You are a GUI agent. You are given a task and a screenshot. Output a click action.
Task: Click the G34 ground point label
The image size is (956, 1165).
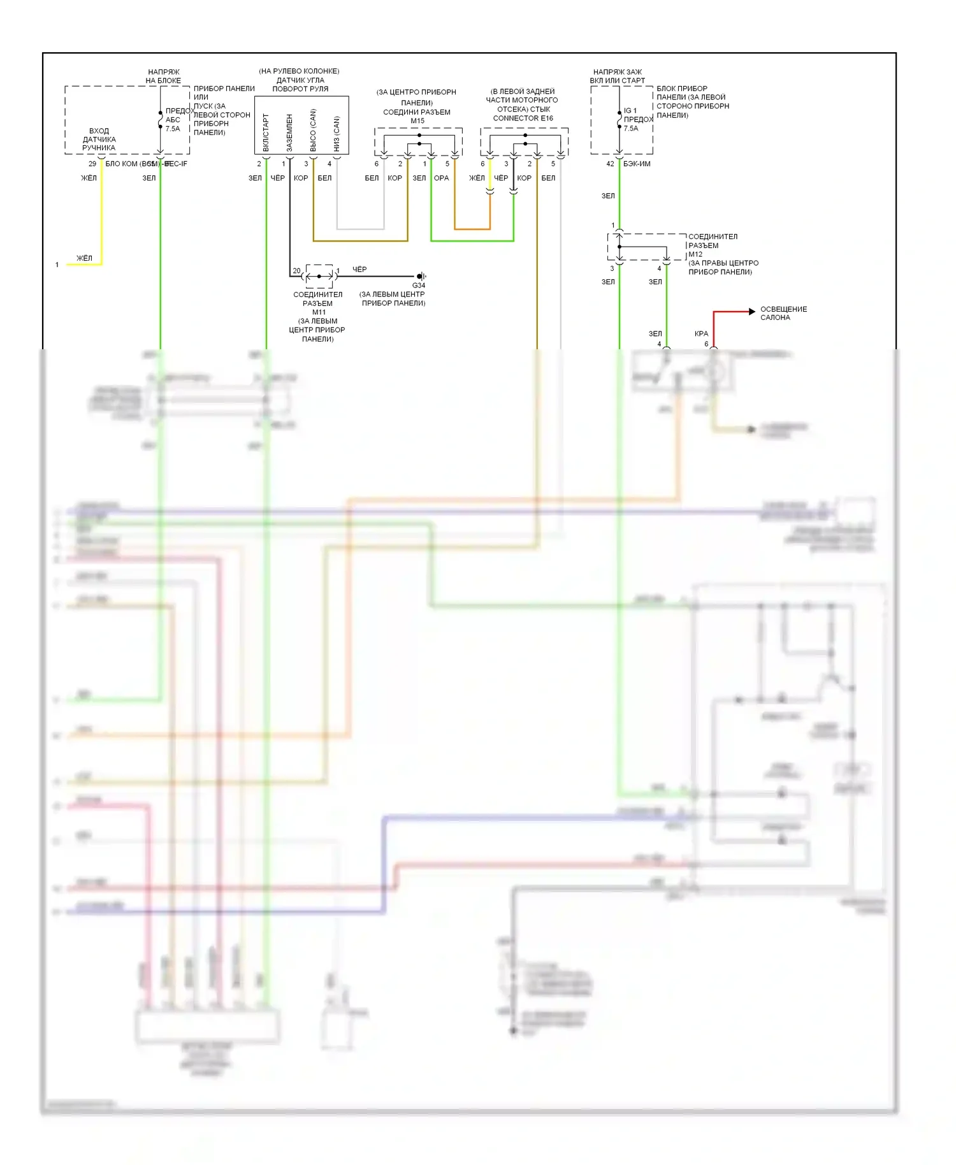point(419,286)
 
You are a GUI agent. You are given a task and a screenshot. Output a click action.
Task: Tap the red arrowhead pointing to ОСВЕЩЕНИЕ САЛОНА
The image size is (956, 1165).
point(751,312)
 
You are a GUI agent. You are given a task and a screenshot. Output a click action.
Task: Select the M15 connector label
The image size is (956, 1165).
point(417,121)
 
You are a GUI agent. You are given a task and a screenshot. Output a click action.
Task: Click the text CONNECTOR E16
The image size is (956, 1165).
point(523,119)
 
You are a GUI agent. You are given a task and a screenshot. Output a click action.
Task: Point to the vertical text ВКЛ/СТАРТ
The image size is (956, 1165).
point(266,133)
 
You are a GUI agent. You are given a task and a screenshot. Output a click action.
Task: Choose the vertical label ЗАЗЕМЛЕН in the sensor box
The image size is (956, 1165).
point(289,133)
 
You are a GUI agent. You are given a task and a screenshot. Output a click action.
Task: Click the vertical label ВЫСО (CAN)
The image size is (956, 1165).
point(313,131)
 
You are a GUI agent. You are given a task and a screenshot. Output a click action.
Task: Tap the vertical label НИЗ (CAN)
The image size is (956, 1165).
point(337,134)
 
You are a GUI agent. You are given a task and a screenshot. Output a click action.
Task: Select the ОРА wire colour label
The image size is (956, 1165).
point(441,178)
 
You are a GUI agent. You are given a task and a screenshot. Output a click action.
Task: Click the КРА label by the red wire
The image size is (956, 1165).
point(701,334)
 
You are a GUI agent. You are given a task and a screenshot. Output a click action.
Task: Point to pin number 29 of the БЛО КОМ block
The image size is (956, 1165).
point(92,164)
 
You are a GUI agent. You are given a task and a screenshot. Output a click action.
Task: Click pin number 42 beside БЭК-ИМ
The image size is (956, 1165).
point(610,164)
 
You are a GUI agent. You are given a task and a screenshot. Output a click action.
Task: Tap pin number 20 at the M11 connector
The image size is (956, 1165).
point(296,271)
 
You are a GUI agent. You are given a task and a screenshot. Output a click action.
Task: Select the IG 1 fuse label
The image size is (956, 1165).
point(630,111)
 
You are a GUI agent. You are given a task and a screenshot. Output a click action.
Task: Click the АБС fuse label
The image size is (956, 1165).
point(173,120)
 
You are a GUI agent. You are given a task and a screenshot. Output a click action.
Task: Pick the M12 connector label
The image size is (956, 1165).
point(695,254)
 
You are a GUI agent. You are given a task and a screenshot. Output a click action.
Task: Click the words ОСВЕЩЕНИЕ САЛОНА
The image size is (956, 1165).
point(783,314)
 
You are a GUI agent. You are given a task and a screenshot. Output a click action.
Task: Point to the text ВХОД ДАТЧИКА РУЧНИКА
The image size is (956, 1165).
point(99,140)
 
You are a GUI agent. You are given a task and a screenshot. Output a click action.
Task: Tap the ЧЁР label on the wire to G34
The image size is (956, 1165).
point(359,270)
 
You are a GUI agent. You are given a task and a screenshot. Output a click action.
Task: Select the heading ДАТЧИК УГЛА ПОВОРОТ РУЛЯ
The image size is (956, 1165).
point(300,85)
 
